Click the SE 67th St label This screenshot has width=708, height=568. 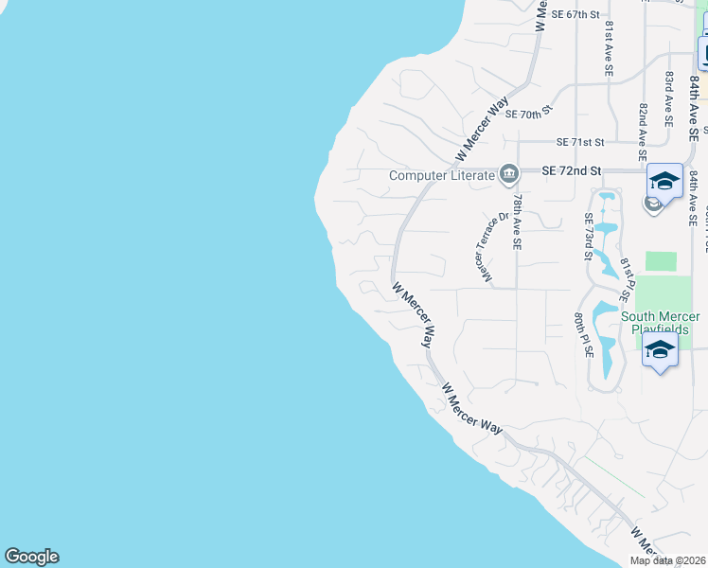tap(575, 14)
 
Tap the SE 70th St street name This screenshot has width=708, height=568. tap(528, 114)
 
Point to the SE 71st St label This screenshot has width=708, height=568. tap(580, 142)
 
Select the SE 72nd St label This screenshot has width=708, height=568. tap(572, 171)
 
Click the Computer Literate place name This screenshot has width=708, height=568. tap(442, 175)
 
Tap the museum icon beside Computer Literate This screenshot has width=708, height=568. tap(510, 173)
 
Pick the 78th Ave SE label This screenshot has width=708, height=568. tap(517, 222)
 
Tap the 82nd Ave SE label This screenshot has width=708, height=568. tap(642, 132)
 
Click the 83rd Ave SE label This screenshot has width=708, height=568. tap(668, 98)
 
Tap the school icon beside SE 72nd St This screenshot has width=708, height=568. tap(664, 182)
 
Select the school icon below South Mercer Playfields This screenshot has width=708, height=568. tap(660, 350)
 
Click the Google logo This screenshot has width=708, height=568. tap(31, 557)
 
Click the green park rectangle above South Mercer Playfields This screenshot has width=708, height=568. tap(662, 262)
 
